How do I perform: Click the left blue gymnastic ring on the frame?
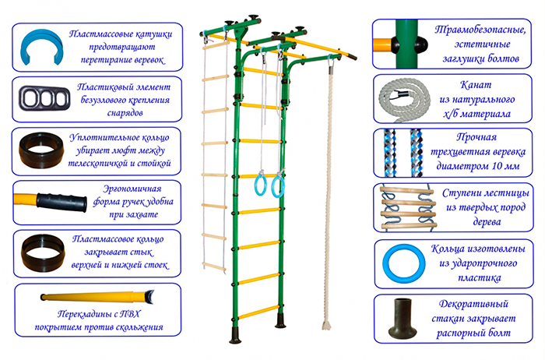[x=259, y=185]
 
